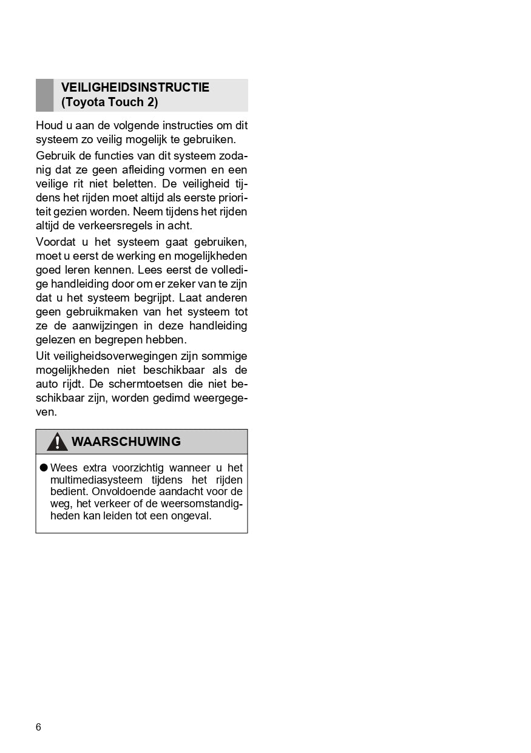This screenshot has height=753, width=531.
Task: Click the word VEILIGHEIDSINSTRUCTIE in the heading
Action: [x=135, y=87]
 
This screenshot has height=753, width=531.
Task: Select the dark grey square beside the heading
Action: [x=45, y=95]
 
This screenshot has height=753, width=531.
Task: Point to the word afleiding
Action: [x=147, y=170]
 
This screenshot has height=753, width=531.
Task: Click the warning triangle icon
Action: [x=58, y=442]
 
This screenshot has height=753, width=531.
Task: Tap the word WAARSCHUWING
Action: [x=126, y=442]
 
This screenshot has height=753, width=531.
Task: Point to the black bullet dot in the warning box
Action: [x=44, y=468]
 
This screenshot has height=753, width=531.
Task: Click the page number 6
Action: [x=39, y=728]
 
